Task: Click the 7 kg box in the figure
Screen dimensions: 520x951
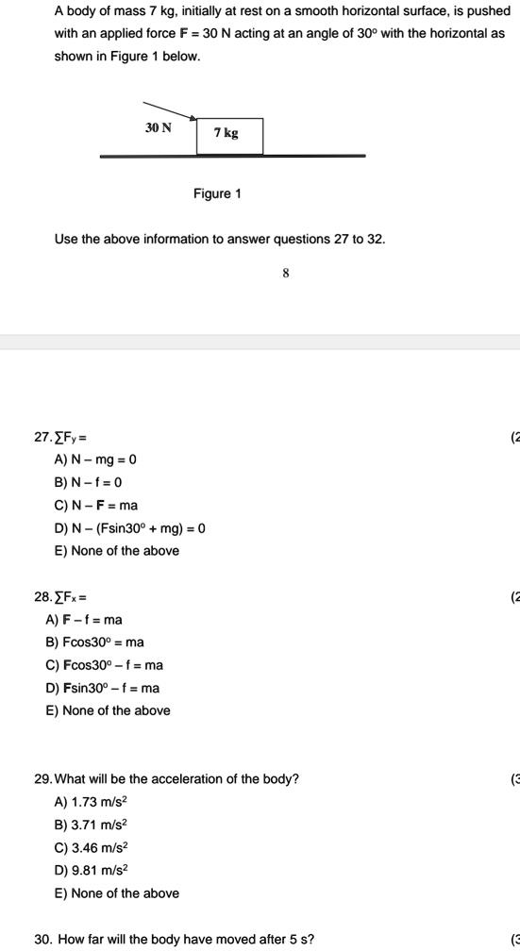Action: (229, 135)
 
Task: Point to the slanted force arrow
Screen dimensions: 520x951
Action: (170, 110)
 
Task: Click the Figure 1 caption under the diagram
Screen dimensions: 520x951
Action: (217, 193)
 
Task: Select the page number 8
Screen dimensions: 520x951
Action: (286, 273)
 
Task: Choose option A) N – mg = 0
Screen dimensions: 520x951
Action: (95, 459)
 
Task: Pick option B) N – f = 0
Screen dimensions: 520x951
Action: (92, 482)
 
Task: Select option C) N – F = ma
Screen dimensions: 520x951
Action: (96, 505)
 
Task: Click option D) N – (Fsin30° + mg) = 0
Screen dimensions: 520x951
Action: (130, 527)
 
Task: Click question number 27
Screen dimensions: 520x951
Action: (42, 437)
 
